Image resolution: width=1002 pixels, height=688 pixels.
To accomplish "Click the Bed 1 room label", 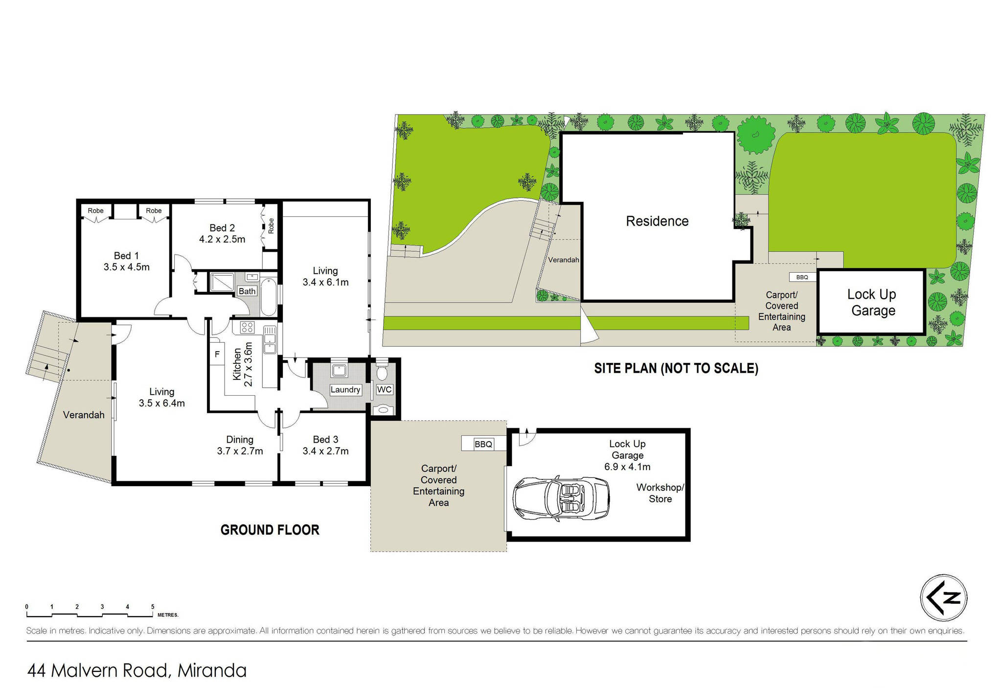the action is [126, 256].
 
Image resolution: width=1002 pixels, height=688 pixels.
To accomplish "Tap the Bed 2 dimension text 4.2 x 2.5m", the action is [222, 239].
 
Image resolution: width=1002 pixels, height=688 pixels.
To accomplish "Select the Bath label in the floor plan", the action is [247, 291].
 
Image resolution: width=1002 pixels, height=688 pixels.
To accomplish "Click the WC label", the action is [384, 389].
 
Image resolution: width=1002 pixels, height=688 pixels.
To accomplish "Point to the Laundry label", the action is [345, 390].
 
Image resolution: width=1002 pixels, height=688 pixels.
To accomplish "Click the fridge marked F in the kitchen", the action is [217, 354].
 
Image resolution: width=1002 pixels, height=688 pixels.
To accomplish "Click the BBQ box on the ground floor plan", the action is [483, 444].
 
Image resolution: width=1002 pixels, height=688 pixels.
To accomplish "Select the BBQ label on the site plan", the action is [802, 277].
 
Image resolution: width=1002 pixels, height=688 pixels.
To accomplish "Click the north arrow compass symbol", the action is [944, 598].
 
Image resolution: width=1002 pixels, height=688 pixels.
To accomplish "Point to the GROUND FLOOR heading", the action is [270, 530].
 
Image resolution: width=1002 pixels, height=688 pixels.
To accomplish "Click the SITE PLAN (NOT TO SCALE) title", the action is [676, 368].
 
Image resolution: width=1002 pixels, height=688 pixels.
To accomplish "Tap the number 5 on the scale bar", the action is [153, 607].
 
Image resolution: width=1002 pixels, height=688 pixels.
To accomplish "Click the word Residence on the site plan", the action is [657, 221].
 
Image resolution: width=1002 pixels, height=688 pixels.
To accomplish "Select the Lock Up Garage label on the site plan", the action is [872, 303].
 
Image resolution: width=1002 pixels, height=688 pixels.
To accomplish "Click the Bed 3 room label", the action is [325, 440].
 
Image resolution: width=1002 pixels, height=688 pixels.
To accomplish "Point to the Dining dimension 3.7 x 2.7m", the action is [240, 451].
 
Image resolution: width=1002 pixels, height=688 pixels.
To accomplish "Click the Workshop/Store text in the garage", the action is [660, 493].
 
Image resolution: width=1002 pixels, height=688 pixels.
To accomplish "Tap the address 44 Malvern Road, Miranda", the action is [137, 670].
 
